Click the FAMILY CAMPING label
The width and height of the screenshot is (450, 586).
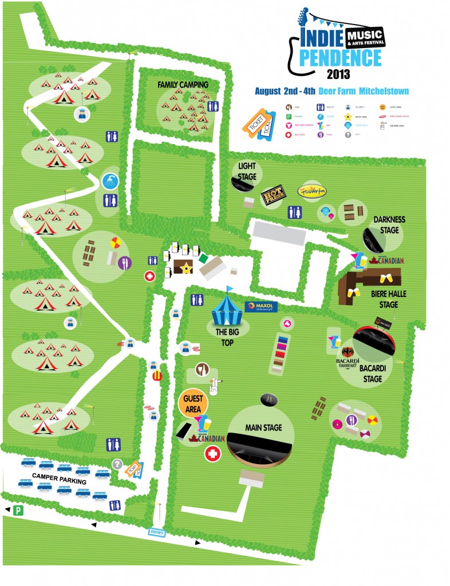183,85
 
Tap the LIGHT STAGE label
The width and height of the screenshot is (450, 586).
247,170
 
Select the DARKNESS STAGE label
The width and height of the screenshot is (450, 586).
389,224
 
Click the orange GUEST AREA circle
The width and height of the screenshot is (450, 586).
193,403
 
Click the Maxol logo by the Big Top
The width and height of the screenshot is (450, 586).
261,307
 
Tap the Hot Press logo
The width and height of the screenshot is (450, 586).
273,198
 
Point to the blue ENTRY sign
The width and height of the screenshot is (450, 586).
157,532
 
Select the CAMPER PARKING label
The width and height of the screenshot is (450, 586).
60,478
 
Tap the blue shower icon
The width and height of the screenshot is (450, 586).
109,182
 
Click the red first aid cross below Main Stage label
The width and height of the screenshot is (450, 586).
212,454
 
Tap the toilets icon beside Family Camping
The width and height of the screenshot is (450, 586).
214,106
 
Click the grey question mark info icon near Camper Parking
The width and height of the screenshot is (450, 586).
117,465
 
